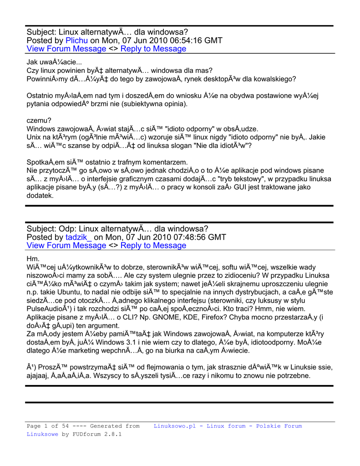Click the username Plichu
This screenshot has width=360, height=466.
[x=76, y=41]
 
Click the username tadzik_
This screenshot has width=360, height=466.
[x=78, y=237]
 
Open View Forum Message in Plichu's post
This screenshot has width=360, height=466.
[x=66, y=49]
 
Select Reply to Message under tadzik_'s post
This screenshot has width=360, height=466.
[x=153, y=245]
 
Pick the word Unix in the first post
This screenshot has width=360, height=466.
[x=35, y=137]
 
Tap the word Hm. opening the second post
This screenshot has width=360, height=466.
[x=33, y=259]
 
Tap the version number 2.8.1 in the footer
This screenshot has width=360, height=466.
[x=112, y=434]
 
